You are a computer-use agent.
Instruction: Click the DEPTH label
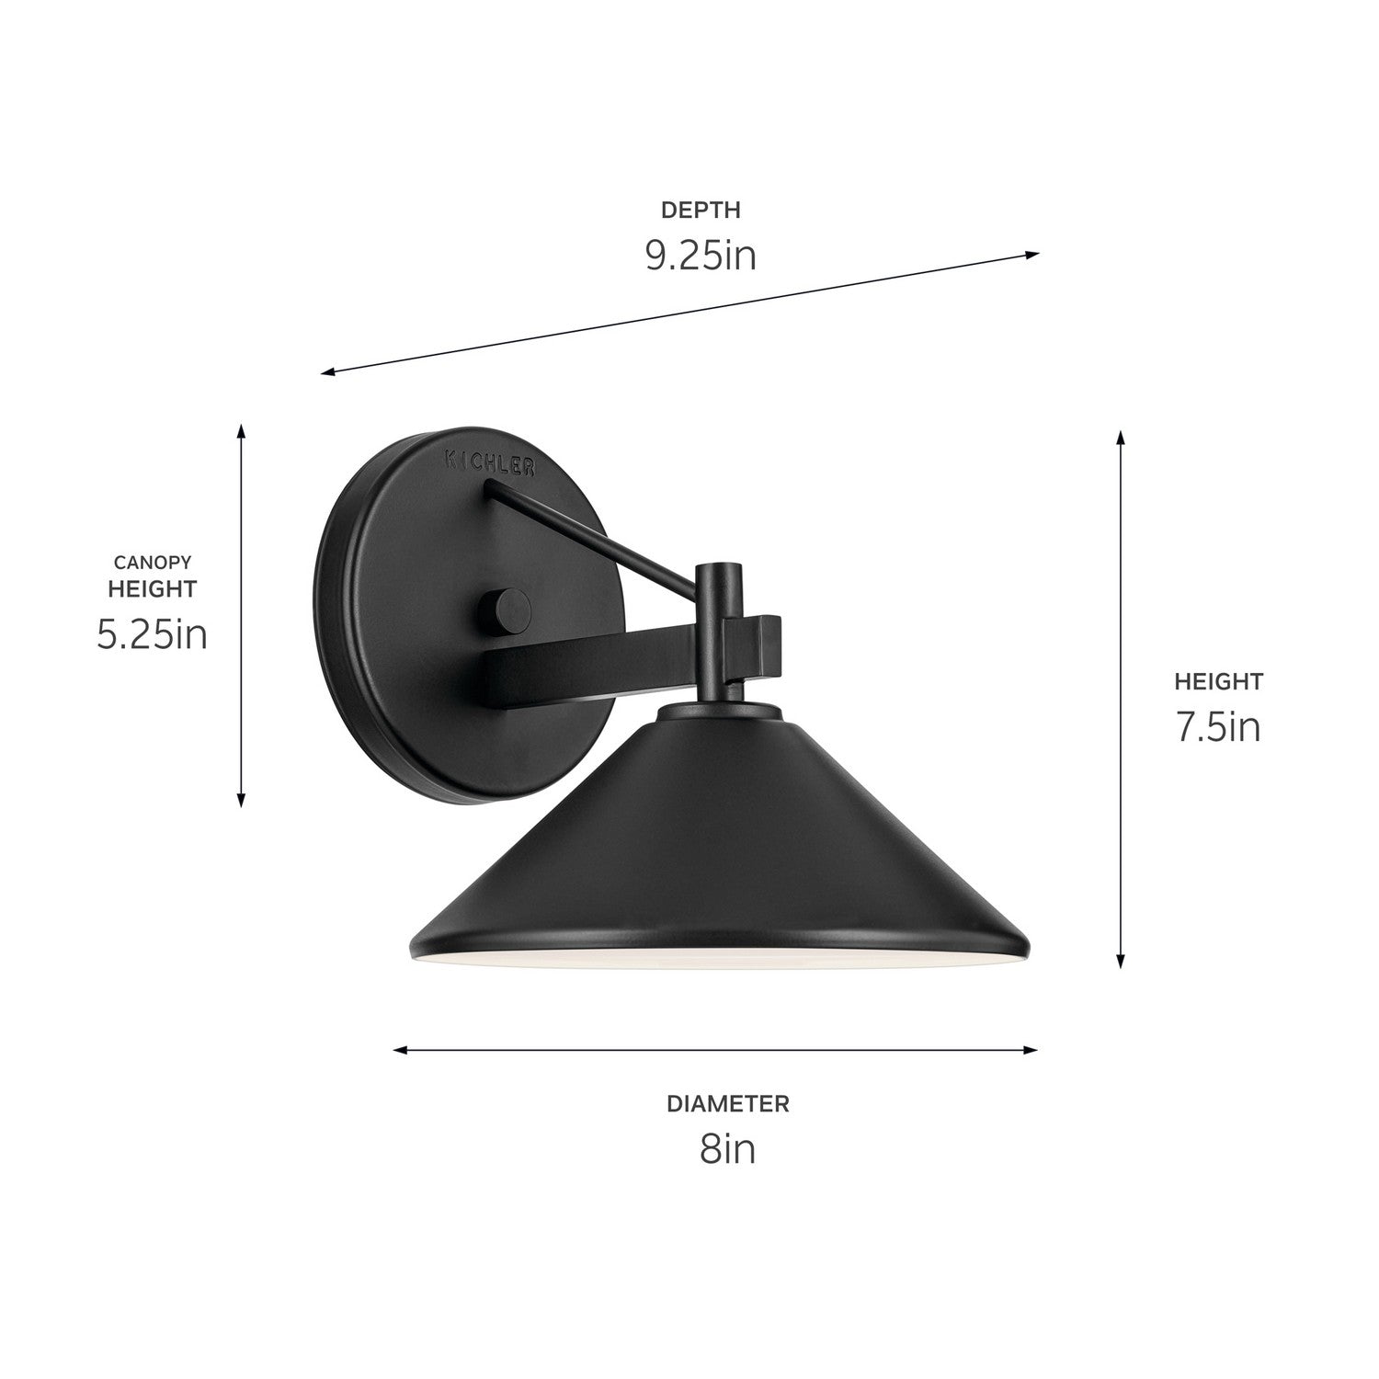pos(701,210)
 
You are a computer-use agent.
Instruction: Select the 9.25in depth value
pos(701,256)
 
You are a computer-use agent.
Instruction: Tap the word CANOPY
pos(152,561)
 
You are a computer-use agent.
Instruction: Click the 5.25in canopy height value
pos(152,634)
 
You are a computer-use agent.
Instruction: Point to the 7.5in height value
pos(1218,728)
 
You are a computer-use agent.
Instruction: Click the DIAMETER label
pos(727,1103)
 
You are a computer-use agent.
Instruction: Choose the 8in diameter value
pos(727,1149)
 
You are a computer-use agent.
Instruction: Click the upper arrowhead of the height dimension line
pos(1120,436)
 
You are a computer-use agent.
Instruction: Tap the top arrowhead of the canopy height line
pos(241,432)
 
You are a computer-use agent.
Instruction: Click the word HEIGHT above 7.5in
pos(1218,681)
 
